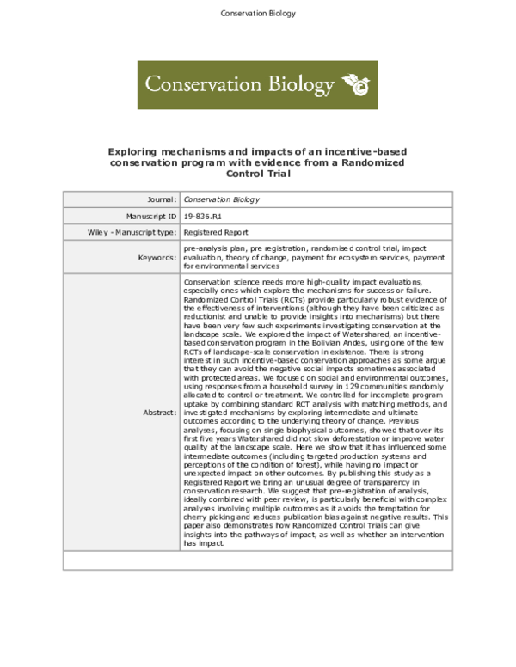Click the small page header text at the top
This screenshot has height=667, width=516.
click(x=258, y=14)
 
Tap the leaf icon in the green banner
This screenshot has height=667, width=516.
click(x=357, y=83)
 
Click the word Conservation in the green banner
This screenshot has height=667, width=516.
click(x=193, y=83)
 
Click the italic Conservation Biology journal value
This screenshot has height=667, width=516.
click(x=222, y=199)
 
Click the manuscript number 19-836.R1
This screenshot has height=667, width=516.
click(x=204, y=216)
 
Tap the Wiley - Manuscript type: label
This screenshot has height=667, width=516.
click(x=132, y=232)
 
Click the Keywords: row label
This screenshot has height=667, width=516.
click(x=157, y=257)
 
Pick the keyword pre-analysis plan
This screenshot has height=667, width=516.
click(x=214, y=248)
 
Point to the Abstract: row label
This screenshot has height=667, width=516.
click(x=158, y=413)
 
